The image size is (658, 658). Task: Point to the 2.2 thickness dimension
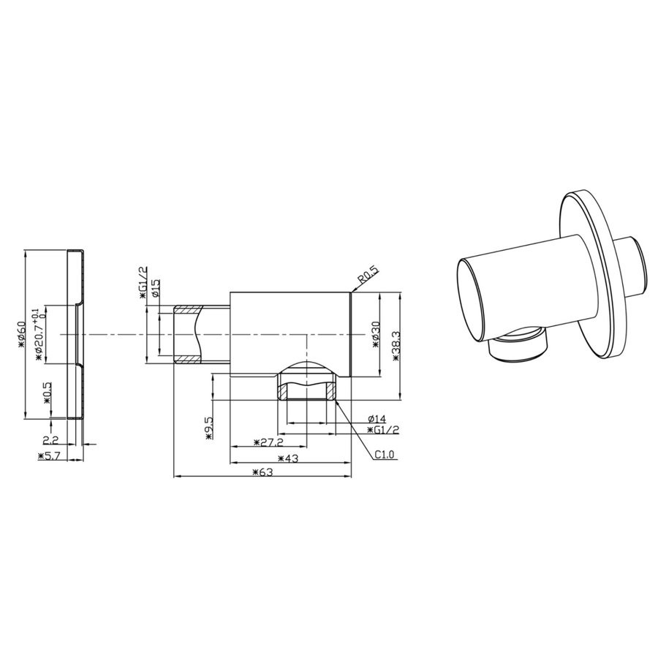click(50, 439)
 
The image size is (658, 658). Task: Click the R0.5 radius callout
click(368, 279)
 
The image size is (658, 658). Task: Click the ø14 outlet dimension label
click(376, 418)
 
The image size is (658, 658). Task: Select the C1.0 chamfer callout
click(385, 455)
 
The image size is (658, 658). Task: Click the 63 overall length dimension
click(262, 472)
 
